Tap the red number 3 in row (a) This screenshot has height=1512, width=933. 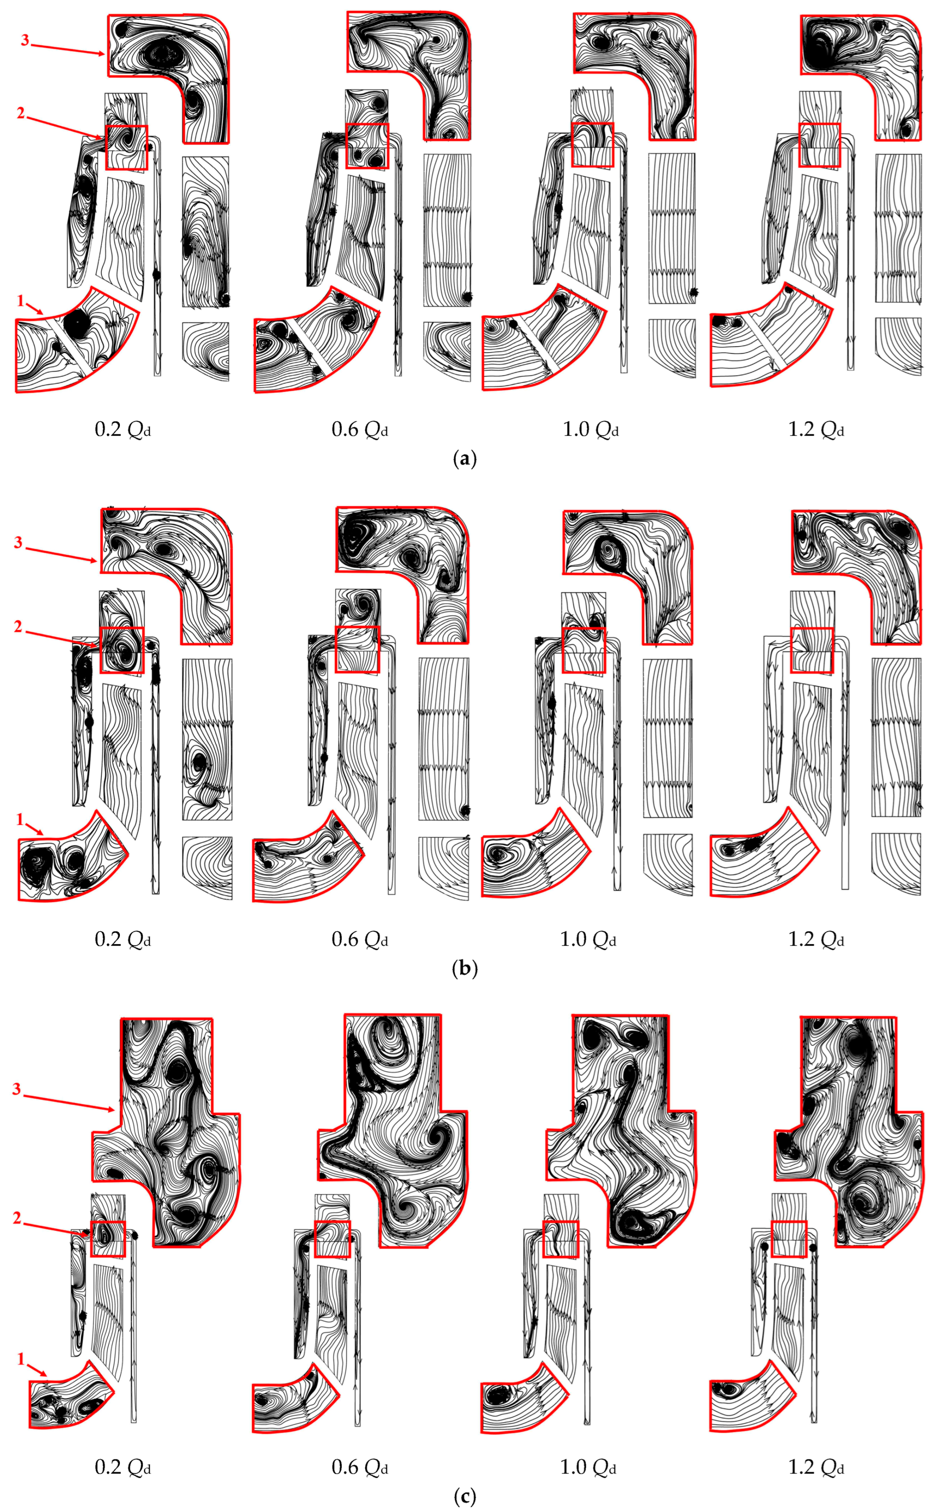25,40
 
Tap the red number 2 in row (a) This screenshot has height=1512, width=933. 21,113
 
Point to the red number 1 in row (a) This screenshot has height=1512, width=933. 20,300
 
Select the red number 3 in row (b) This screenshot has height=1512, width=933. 19,542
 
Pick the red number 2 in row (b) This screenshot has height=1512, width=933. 19,627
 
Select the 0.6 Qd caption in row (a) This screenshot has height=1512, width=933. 360,429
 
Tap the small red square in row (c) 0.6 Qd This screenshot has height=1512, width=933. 332,1221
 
